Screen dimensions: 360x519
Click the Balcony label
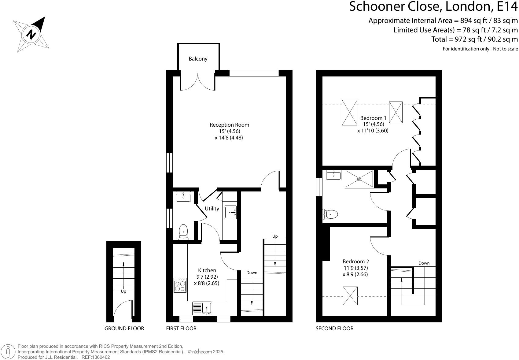pyautogui.click(x=198, y=59)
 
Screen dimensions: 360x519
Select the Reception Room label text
pyautogui.click(x=229, y=125)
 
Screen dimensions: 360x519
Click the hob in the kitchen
pyautogui.click(x=180, y=285)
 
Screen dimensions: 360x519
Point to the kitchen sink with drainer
pyautogui.click(x=202, y=308)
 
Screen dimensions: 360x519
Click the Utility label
pyautogui.click(x=212, y=209)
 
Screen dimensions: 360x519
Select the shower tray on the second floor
pyautogui.click(x=359, y=179)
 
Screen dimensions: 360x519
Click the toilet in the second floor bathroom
pyautogui.click(x=330, y=214)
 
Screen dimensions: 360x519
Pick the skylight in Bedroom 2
pyautogui.click(x=350, y=296)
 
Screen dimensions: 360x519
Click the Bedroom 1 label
pyautogui.click(x=373, y=118)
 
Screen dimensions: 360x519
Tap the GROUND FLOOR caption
pyautogui.click(x=124, y=328)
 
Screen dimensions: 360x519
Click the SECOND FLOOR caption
pyautogui.click(x=334, y=328)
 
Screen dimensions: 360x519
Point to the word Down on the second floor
pyautogui.click(x=424, y=263)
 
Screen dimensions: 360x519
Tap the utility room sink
pyautogui.click(x=230, y=212)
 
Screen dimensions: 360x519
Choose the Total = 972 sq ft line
pyautogui.click(x=474, y=39)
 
